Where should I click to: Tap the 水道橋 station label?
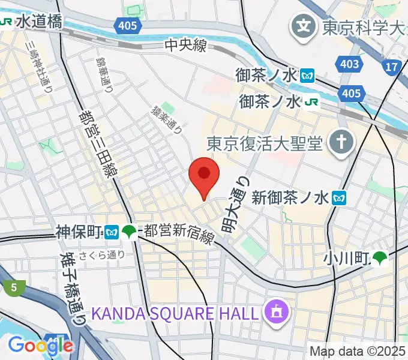coord(39,22)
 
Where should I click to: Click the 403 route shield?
coord(350,64)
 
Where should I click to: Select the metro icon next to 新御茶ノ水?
coord(340,196)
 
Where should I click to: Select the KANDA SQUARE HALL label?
coord(176,313)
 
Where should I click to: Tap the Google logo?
coord(40,345)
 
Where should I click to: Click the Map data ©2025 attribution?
coord(356,351)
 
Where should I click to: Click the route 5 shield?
coord(13,288)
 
